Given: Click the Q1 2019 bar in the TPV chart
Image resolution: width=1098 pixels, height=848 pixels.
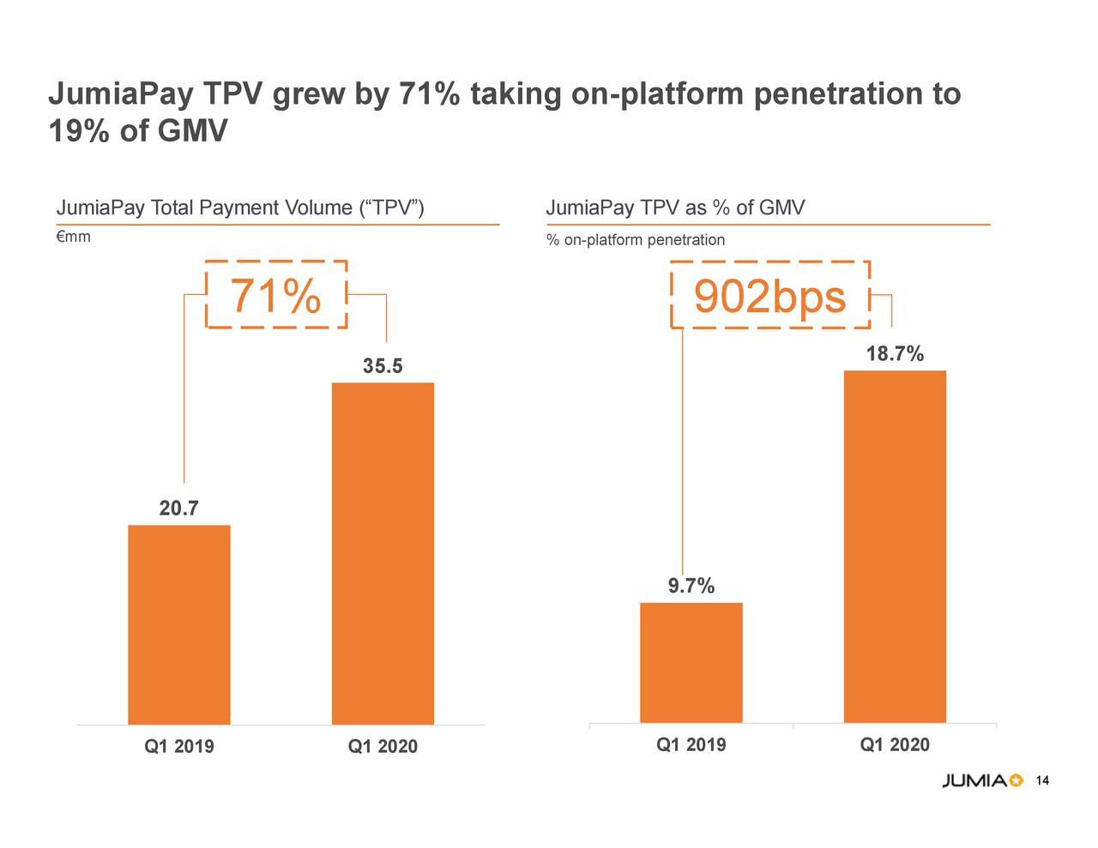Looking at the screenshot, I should tap(178, 624).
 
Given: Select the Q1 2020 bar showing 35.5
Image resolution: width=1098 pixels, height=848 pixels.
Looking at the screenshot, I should tap(383, 553).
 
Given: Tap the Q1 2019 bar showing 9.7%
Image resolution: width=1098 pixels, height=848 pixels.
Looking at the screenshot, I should tap(691, 663).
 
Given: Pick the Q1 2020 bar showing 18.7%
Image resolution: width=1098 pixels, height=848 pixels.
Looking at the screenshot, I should tap(895, 547).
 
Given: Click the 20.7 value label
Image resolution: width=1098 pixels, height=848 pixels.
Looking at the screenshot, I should tap(178, 508).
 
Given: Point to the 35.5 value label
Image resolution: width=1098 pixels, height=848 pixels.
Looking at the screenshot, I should tap(383, 367).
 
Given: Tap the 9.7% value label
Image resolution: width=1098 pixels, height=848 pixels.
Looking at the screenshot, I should tap(691, 586).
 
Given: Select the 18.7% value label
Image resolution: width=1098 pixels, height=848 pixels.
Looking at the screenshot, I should tap(895, 354).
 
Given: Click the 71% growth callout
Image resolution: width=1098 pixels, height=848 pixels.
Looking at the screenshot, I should tap(276, 296).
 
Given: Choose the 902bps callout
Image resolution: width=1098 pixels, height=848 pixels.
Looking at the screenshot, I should tap(769, 297).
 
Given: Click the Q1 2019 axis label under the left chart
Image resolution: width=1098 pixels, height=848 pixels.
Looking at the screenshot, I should tap(178, 747).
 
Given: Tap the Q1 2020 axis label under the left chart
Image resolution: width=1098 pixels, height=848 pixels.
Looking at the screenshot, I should tap(383, 747).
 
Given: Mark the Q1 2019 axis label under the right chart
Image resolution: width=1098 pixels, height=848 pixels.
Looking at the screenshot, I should tap(691, 744).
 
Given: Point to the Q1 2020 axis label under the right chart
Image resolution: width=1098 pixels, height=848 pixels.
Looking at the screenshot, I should tap(895, 744).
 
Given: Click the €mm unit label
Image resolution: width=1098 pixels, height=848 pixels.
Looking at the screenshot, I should tap(74, 237).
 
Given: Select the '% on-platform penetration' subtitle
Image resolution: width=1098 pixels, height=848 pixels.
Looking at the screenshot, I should tap(635, 240).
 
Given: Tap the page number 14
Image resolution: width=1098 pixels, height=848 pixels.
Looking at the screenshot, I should tap(1043, 780).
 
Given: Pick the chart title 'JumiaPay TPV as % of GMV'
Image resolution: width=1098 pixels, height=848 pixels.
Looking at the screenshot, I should tap(675, 207).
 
